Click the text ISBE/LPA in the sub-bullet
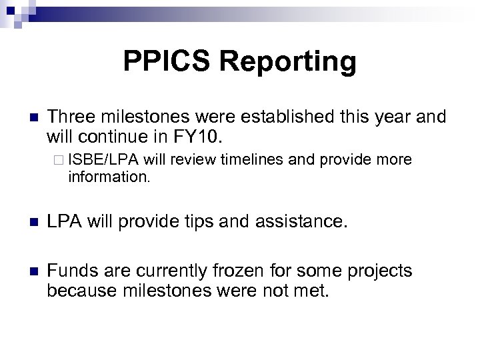95,160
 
